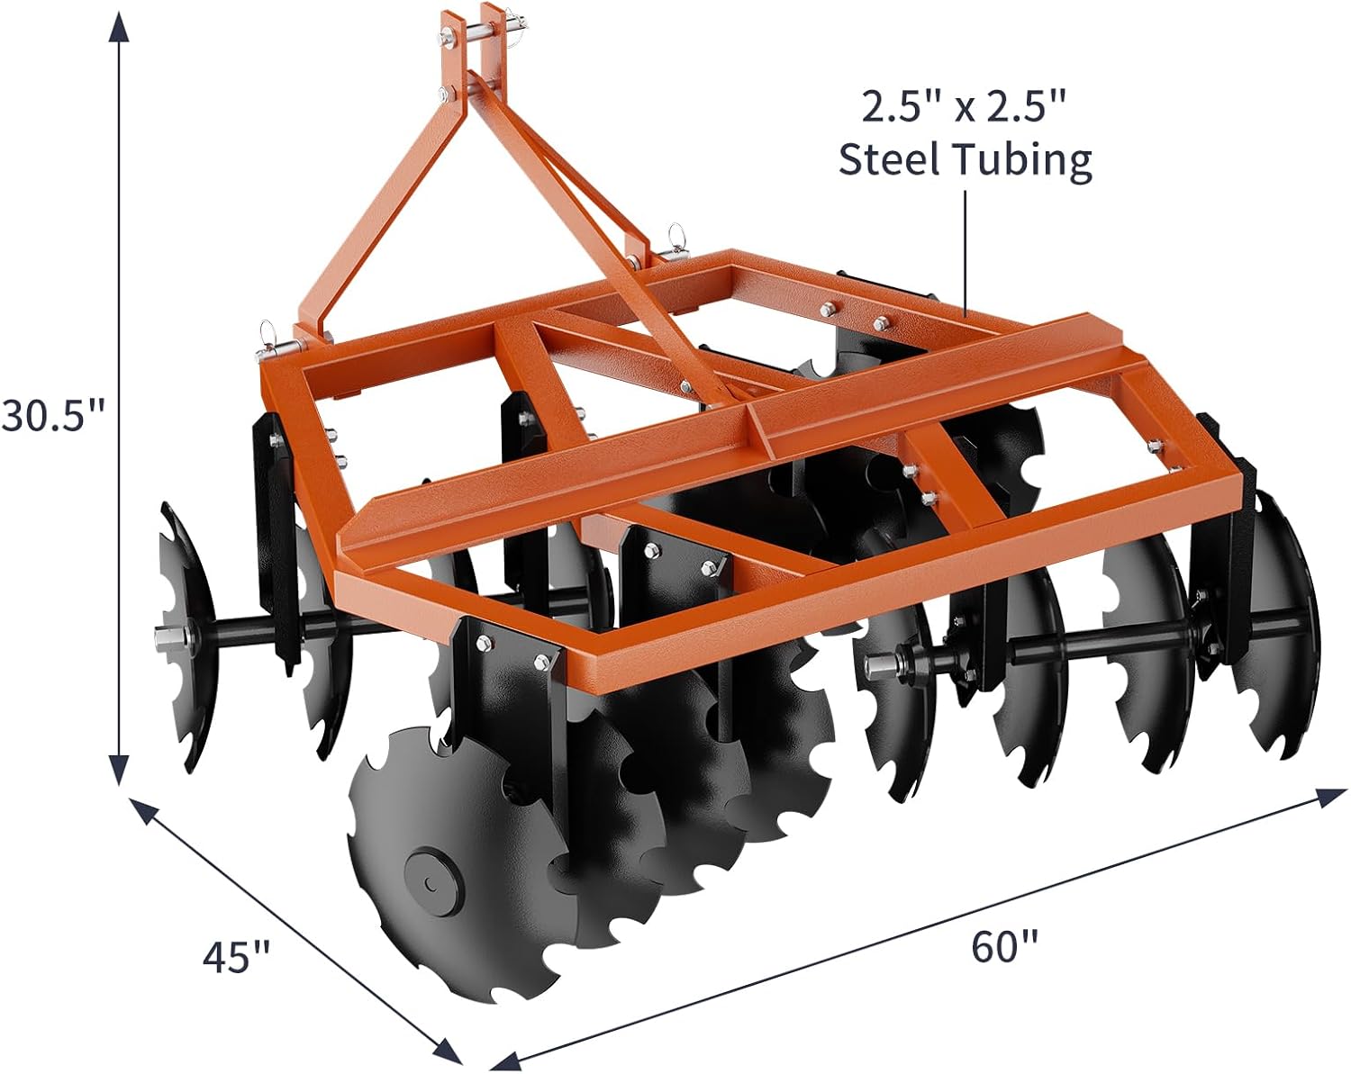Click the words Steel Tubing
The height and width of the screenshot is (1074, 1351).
tap(966, 160)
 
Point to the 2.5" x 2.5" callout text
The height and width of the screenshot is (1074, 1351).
tap(964, 107)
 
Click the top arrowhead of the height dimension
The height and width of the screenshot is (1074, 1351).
tap(119, 25)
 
